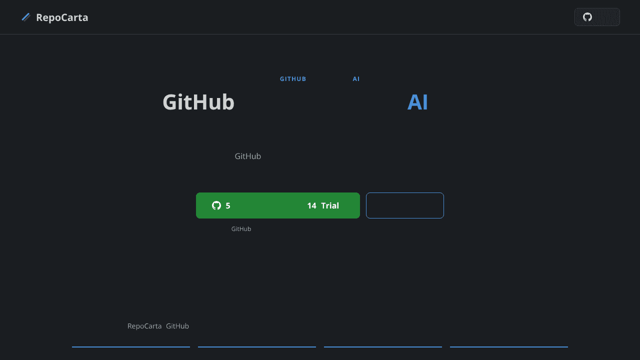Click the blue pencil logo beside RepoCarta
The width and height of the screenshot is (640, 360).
[26, 17]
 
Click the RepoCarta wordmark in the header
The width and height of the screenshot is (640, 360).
[62, 17]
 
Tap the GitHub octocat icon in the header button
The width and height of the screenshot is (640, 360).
[587, 17]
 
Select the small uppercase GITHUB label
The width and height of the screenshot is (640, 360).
[293, 79]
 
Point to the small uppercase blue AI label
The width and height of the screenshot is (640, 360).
[356, 79]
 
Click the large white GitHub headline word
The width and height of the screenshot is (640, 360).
[198, 102]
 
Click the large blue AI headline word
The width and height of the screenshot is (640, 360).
[417, 102]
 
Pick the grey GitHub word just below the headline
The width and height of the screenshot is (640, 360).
[247, 156]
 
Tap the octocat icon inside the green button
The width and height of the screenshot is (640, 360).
[216, 205]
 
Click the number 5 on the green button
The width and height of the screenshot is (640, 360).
[227, 205]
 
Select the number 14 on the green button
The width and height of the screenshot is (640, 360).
[311, 205]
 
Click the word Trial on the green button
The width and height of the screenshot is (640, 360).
[330, 205]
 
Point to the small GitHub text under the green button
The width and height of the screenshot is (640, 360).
[241, 229]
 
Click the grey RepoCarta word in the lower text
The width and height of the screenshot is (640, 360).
[144, 326]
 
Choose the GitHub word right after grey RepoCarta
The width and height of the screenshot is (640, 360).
[177, 326]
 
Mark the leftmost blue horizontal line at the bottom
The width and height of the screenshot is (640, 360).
[131, 347]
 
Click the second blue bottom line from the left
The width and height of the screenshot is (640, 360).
[257, 347]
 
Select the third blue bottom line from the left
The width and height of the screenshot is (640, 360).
[383, 347]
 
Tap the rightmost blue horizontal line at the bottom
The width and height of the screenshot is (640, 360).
[509, 347]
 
